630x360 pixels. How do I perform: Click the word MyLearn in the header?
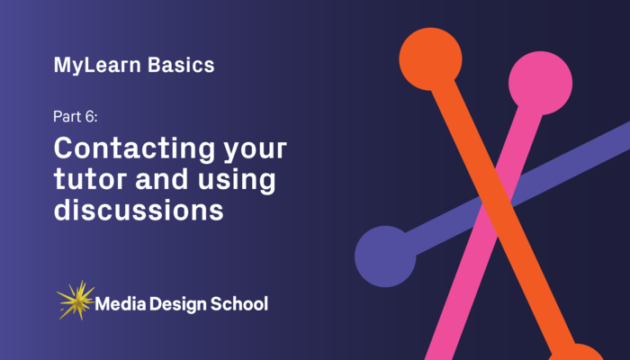(90, 66)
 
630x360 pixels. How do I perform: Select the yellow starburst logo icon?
(75, 301)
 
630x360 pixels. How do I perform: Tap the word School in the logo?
(239, 303)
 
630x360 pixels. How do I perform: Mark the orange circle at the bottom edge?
(576, 354)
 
